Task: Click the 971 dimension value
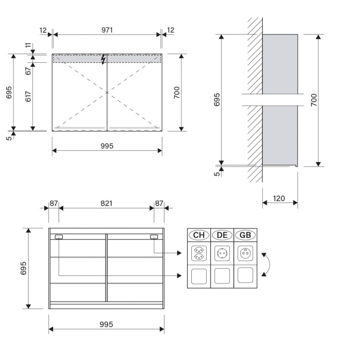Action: (x=107, y=30)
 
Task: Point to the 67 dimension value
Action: (x=28, y=70)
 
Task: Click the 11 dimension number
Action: (x=28, y=46)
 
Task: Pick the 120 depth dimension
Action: (x=279, y=198)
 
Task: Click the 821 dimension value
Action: (x=106, y=204)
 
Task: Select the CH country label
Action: (x=199, y=235)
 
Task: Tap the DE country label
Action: (x=222, y=235)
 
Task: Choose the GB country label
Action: (x=245, y=235)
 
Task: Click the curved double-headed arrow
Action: (x=266, y=264)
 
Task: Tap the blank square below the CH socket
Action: (x=199, y=277)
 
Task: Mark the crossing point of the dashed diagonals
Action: (x=107, y=93)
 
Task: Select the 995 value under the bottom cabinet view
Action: (x=106, y=324)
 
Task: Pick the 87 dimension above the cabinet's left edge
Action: (x=53, y=204)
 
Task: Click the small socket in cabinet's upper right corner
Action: (x=154, y=237)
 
